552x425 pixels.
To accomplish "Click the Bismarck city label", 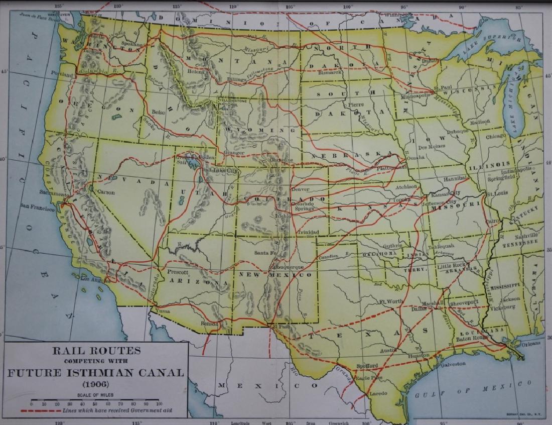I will coord(330,72).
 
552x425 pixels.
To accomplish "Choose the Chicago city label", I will coord(496,136).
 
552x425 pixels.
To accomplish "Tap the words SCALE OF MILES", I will coord(95,394).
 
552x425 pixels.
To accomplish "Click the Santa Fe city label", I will coord(265,253).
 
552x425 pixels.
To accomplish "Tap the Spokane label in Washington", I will coord(132,44).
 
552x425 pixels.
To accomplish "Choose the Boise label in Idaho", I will coord(158,112).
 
